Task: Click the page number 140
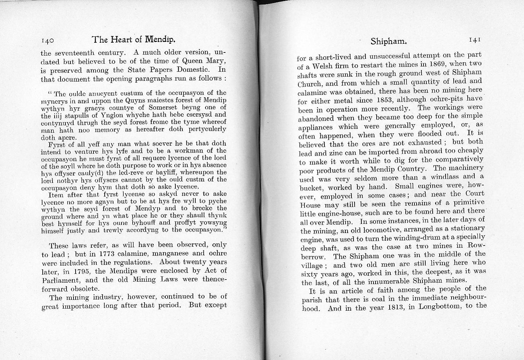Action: [x=47, y=41]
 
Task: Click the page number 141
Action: [x=475, y=40]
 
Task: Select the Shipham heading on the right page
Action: [x=389, y=42]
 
